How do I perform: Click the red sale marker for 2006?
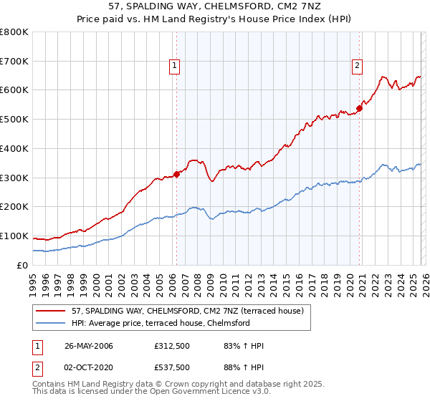pos(176,173)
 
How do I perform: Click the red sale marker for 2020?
pos(360,108)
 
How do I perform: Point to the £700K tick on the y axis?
pos(15,61)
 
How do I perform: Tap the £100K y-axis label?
pos(15,236)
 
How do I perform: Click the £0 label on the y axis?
pos(23,265)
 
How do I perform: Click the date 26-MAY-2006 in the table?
pos(89,346)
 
